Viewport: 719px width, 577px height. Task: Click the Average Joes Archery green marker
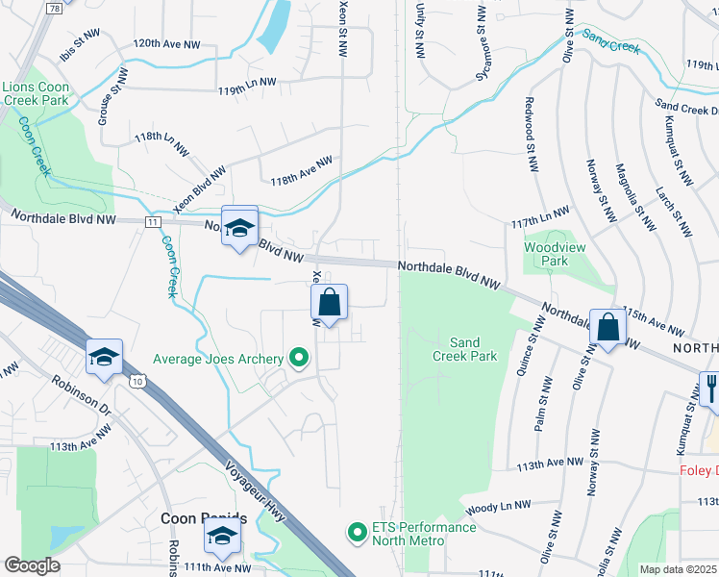(298, 360)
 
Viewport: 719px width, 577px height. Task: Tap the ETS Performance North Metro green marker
(358, 531)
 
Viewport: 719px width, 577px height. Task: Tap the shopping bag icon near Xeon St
(329, 303)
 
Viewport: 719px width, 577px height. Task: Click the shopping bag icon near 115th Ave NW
(607, 327)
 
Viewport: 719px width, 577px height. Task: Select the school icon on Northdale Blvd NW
(239, 227)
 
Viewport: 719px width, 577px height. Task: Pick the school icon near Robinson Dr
(104, 357)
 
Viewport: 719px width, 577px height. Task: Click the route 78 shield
(54, 8)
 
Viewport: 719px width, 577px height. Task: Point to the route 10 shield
(138, 383)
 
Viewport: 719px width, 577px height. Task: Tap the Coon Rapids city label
(203, 517)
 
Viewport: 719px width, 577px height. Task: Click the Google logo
(32, 565)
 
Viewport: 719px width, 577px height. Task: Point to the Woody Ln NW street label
(497, 506)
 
